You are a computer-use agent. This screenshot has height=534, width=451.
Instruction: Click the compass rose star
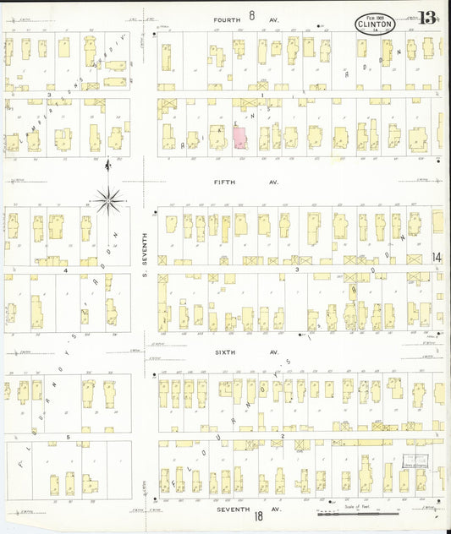pyautogui.click(x=108, y=200)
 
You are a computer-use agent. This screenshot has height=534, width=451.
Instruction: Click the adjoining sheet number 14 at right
pyautogui.click(x=436, y=257)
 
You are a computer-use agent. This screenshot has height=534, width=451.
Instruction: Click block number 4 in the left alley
pyautogui.click(x=65, y=271)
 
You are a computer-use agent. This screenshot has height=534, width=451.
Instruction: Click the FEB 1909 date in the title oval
pyautogui.click(x=374, y=16)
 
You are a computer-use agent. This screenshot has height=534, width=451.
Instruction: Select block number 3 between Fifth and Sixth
pyautogui.click(x=297, y=270)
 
